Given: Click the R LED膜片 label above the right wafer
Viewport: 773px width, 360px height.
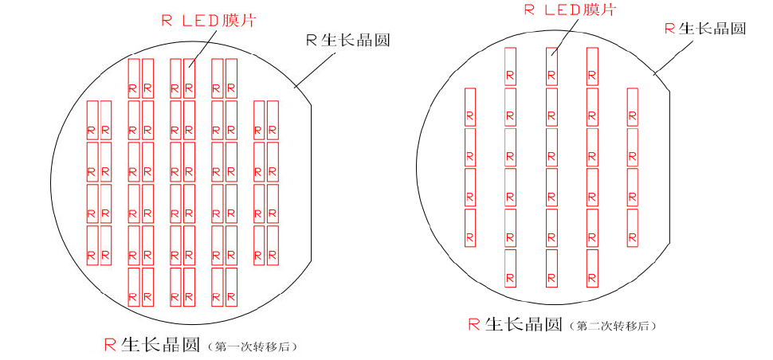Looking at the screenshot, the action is click(570, 10).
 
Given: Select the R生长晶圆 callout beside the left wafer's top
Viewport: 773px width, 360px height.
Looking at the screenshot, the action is click(348, 40).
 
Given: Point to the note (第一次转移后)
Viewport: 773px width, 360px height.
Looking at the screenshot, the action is click(254, 346).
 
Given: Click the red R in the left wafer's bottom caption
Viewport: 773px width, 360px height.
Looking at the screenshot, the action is click(111, 345).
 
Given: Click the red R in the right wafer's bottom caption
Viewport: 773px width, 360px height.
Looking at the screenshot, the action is click(473, 324).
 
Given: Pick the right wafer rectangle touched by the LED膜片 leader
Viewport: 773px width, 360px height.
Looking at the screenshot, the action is click(551, 66).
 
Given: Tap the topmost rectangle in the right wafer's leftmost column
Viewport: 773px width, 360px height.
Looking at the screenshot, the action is click(469, 107).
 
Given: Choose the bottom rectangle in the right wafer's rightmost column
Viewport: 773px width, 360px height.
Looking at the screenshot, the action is click(632, 228).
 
